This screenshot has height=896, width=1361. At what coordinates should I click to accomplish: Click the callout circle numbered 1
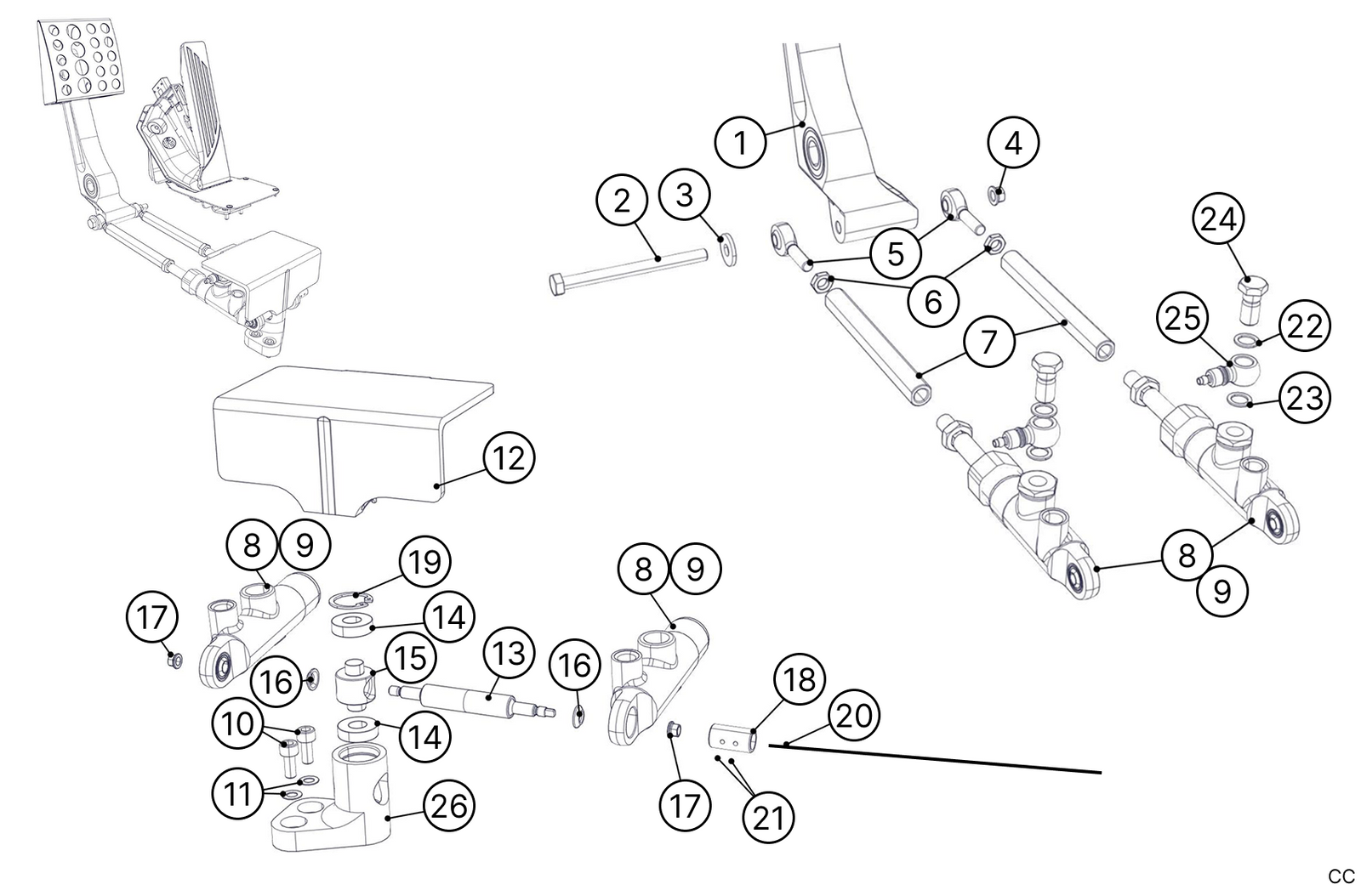click(x=741, y=143)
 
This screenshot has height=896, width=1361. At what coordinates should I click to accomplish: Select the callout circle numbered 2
click(x=623, y=201)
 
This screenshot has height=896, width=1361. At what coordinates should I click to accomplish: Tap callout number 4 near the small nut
click(x=1013, y=144)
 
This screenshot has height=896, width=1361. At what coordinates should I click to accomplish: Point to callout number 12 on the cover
click(x=510, y=458)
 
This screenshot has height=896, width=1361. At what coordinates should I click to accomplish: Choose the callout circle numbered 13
click(x=509, y=655)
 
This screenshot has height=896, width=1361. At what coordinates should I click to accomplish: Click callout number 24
click(x=1219, y=220)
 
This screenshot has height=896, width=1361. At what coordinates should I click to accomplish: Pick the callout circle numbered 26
click(x=449, y=805)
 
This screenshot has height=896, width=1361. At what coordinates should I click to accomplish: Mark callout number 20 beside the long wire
click(x=854, y=716)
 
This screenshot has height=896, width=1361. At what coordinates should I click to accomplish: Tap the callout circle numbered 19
click(x=425, y=562)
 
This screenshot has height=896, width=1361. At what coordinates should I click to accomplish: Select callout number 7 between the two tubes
click(x=988, y=342)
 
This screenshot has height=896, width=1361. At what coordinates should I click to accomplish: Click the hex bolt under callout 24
click(x=1248, y=298)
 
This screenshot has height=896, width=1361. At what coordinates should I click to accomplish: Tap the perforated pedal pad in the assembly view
click(x=83, y=61)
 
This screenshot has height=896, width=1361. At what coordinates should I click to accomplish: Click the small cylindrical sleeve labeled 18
click(x=732, y=736)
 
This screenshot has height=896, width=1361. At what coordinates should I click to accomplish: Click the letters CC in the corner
click(x=1341, y=876)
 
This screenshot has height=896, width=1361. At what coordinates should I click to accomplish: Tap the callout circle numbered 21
click(x=769, y=817)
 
